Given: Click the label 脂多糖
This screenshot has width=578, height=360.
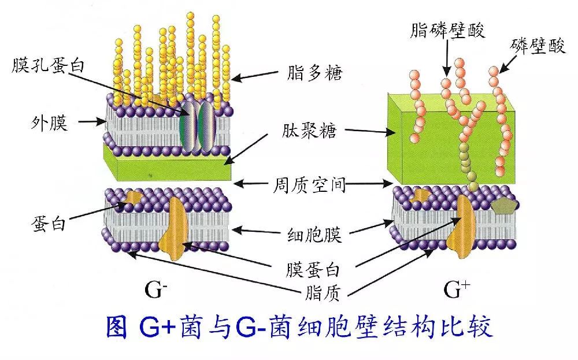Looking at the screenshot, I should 314,73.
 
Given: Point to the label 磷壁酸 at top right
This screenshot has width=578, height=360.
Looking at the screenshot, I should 539,46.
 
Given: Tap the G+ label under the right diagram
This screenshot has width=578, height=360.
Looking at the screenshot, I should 455,290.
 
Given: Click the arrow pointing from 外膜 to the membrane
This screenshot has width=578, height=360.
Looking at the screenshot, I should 91,123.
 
